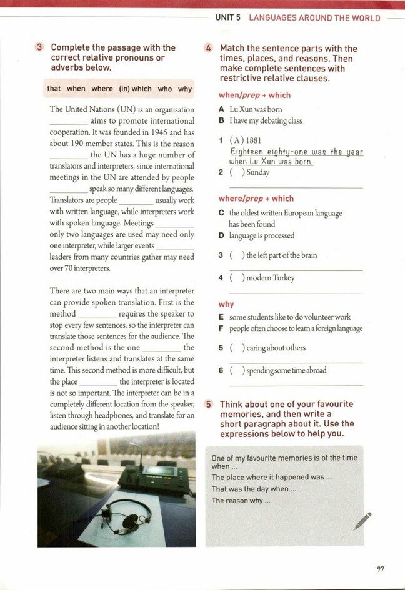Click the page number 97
point(381,568)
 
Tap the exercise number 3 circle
point(40,47)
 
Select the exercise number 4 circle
point(209,49)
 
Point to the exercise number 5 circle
point(209,404)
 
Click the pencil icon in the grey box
point(362,521)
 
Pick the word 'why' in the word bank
point(185,89)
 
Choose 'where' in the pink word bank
point(102,89)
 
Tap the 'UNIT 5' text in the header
point(228,18)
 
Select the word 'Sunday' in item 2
point(258,172)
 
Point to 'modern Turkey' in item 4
point(270,278)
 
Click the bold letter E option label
point(222,317)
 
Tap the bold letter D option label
point(222,235)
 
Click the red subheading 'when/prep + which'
point(254,96)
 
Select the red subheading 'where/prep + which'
point(256,199)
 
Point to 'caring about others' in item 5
point(276,348)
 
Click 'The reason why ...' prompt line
point(241,501)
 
